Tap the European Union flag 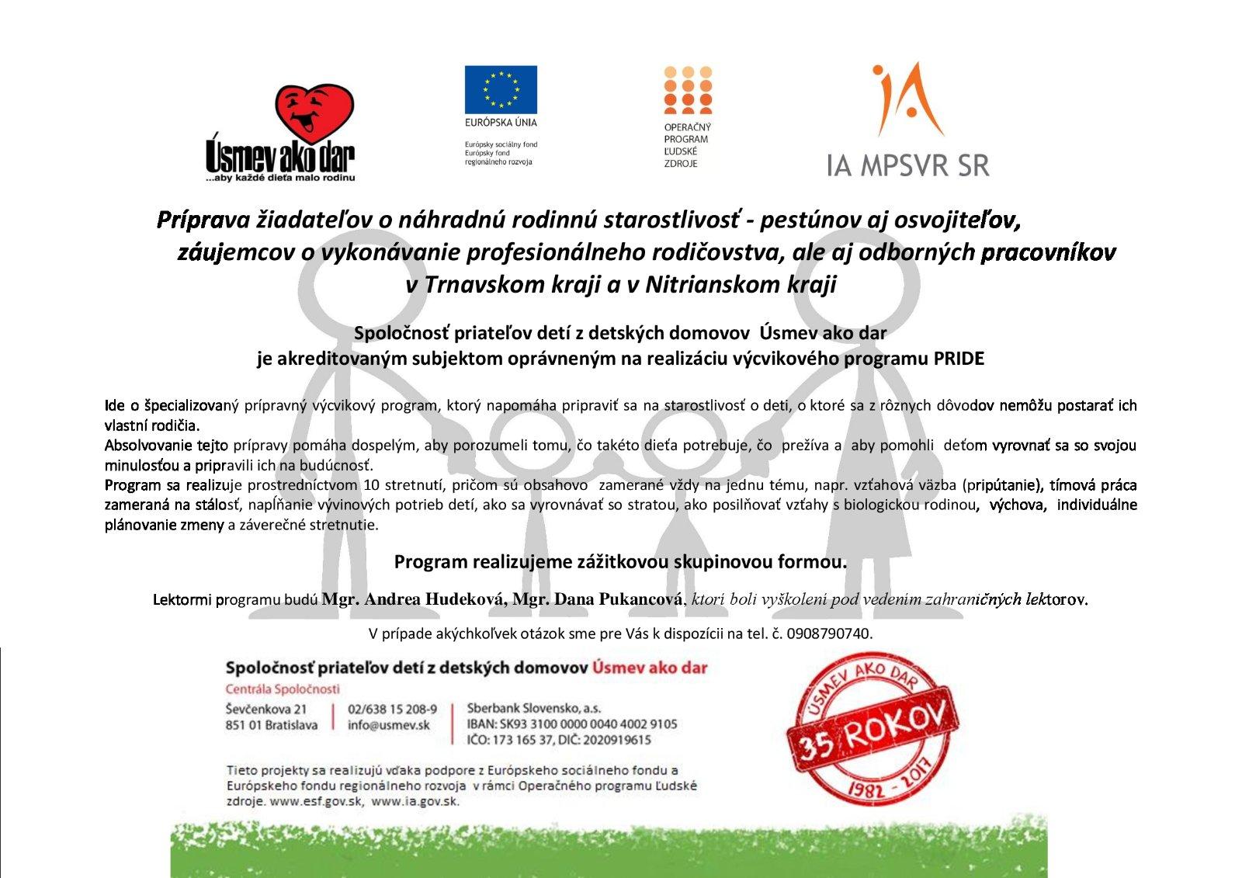tap(501, 89)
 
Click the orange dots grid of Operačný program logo tap(688, 90)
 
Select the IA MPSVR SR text tap(907, 165)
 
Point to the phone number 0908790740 tap(829, 633)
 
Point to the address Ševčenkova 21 tap(266, 709)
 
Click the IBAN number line tap(571, 724)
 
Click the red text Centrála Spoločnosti tap(283, 689)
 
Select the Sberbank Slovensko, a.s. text tap(533, 708)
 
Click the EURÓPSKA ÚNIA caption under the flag tap(501, 123)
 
